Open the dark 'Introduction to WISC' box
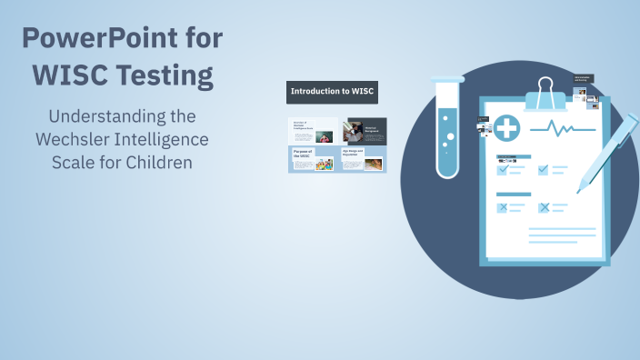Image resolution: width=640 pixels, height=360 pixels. (x=333, y=92)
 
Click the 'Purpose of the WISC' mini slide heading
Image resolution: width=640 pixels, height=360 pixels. (x=304, y=154)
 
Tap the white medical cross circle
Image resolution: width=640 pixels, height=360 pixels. (x=506, y=128)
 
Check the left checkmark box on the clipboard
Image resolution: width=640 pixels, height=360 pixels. (x=503, y=168)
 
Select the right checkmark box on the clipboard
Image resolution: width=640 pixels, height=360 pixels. (x=544, y=168)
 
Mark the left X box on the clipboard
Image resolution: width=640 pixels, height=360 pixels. (x=503, y=207)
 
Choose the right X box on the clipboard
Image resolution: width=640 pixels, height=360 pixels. (x=544, y=207)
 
